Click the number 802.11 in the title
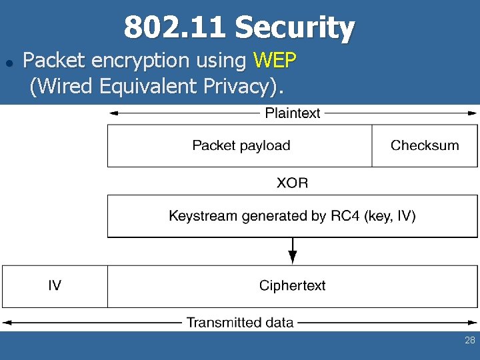(175, 28)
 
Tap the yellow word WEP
(275, 61)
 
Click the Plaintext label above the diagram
(293, 113)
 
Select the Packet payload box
(241, 145)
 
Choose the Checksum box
(425, 145)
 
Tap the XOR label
(293, 182)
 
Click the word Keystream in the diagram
(200, 216)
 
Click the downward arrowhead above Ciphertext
(293, 259)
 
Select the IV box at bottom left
(55, 286)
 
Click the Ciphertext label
(293, 286)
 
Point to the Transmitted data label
(240, 323)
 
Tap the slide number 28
(469, 341)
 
